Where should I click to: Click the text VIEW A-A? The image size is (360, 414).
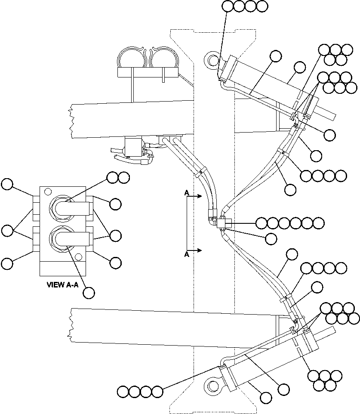[62, 284]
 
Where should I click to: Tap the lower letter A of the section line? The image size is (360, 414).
[187, 254]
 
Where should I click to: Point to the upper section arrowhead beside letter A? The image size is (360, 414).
[200, 196]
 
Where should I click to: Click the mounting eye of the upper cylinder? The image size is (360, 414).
[212, 59]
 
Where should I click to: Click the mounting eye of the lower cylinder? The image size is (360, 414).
[212, 384]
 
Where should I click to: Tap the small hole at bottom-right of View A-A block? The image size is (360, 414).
[78, 257]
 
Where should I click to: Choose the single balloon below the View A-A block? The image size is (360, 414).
[89, 293]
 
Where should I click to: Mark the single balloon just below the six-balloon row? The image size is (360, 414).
[271, 238]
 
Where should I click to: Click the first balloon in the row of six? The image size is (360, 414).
[262, 223]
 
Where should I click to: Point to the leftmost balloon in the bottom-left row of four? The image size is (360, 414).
[123, 392]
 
